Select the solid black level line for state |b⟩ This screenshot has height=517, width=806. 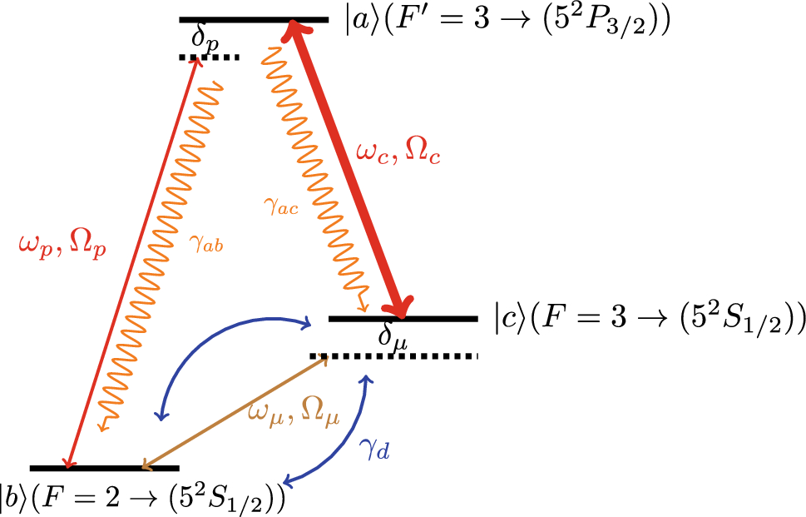tap(104, 468)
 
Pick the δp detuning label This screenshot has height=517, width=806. tap(205, 39)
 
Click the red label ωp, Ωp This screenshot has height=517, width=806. tap(63, 246)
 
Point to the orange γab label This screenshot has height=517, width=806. tap(207, 246)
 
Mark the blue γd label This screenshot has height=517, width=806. tap(374, 450)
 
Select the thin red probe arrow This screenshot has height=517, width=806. tap(133, 258)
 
